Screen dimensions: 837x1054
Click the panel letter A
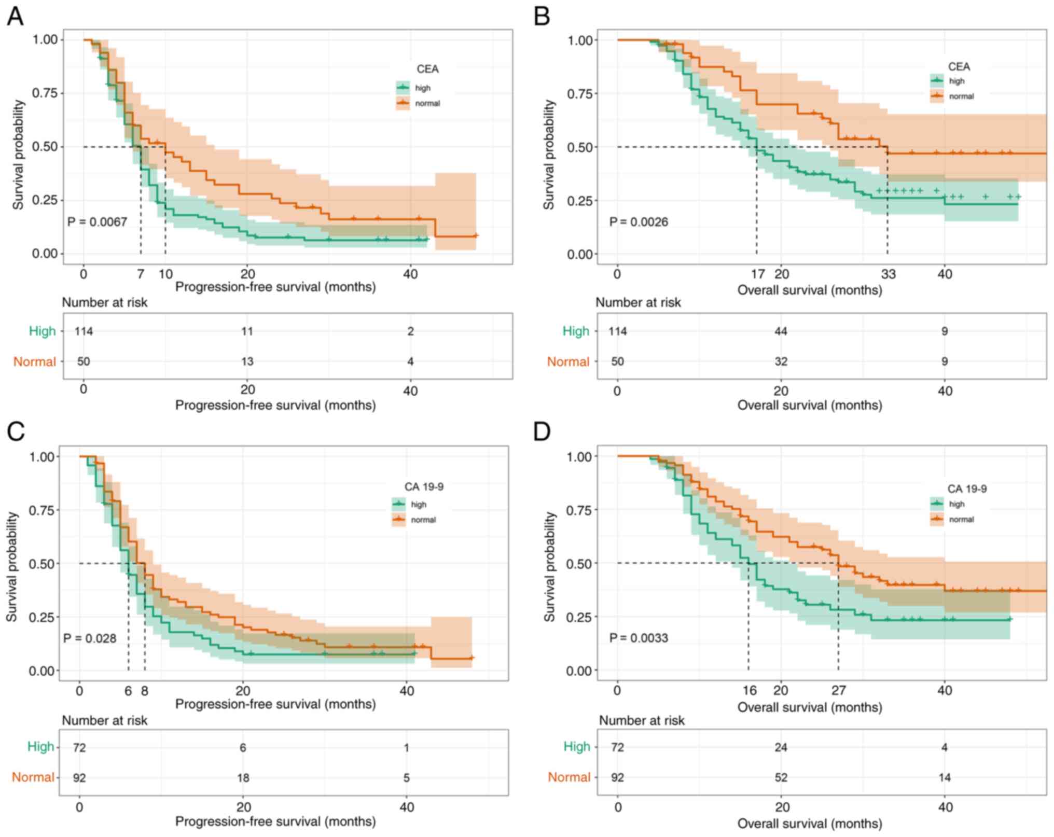click(15, 17)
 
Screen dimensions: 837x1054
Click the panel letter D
click(542, 431)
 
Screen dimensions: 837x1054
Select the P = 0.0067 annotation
click(97, 222)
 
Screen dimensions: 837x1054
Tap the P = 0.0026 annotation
click(639, 222)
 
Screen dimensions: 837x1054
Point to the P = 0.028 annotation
click(90, 638)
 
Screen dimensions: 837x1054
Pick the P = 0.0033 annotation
click(639, 638)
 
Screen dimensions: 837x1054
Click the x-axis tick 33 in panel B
click(888, 274)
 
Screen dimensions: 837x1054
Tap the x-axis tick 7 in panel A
click(141, 274)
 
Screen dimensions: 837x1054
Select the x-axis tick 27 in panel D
click(838, 691)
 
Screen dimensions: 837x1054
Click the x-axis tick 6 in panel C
click(128, 691)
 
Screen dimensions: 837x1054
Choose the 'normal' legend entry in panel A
click(427, 103)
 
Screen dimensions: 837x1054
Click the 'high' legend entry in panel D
click(956, 504)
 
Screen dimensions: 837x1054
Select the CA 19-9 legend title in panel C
click(424, 487)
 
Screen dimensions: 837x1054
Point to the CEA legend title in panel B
click(959, 67)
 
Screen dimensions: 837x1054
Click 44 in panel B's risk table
click(781, 331)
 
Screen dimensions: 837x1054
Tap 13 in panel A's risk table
click(247, 361)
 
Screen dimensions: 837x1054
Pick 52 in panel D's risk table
click(781, 777)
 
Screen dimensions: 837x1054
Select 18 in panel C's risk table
click(243, 778)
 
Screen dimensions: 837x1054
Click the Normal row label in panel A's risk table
click(34, 361)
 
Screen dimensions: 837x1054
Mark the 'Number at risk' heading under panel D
click(642, 720)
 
